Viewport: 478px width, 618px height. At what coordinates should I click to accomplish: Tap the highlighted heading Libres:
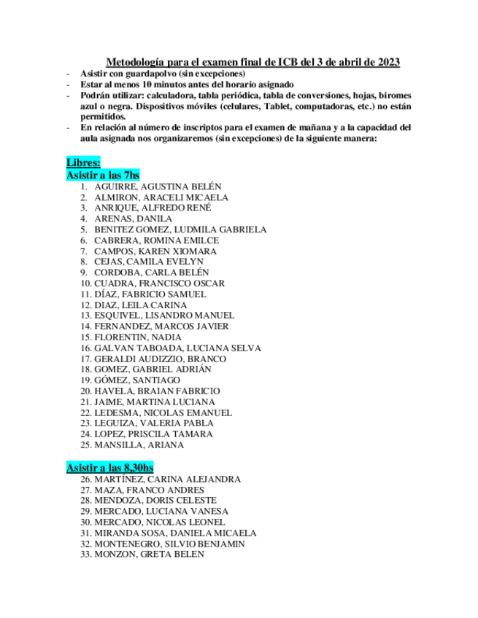[83, 163]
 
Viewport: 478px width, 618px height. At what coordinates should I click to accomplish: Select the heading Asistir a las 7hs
[102, 176]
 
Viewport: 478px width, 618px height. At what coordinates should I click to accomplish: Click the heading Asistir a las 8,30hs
[109, 466]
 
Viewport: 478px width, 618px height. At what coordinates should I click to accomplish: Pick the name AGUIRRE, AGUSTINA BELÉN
[158, 187]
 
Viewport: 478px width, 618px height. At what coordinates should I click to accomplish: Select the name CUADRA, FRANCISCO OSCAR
[159, 283]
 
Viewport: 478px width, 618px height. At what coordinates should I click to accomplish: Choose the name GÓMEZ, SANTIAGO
[137, 380]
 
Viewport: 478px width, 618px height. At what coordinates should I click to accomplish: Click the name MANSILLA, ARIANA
[139, 445]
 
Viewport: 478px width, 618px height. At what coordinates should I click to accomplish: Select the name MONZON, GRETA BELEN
[149, 555]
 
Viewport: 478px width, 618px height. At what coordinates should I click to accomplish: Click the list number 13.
[85, 316]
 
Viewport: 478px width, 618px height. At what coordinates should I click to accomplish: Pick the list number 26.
[85, 480]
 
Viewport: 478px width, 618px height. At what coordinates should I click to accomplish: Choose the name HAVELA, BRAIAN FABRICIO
[157, 391]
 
